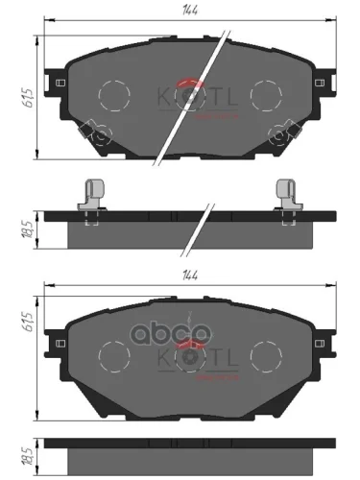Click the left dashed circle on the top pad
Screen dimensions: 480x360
(x=114, y=93)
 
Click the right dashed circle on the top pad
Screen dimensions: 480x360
(x=244, y=93)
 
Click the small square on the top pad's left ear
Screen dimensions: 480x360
(x=62, y=82)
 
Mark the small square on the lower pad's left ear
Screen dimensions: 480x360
(x=62, y=340)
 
